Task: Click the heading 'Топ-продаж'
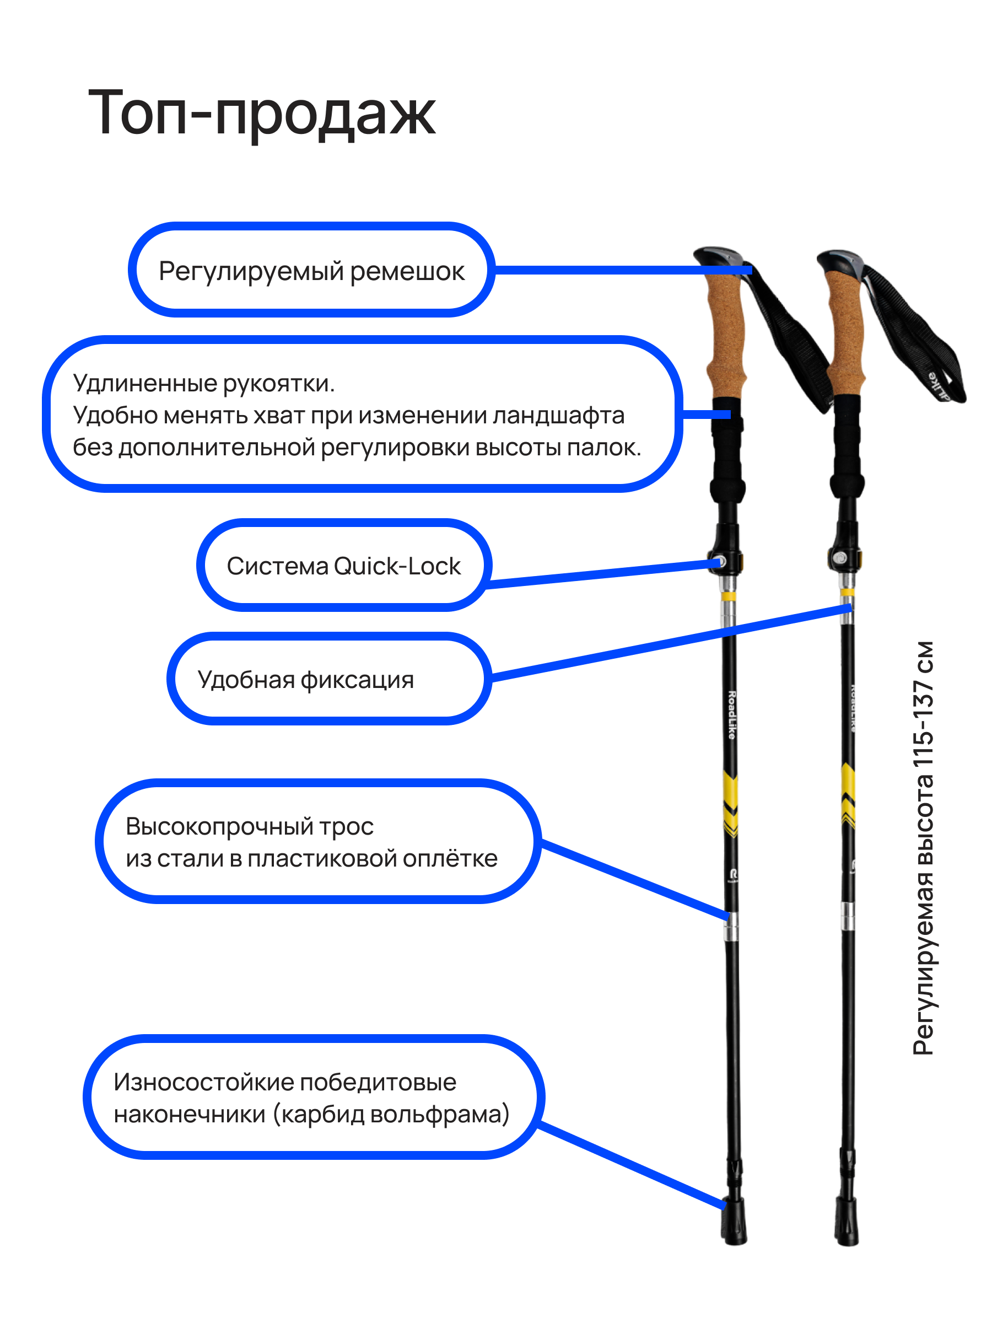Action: pos(261,112)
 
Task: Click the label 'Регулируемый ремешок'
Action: pos(311,271)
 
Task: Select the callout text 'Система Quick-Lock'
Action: pos(343,566)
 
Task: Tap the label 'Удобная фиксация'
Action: pos(305,680)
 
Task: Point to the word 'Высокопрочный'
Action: pos(220,826)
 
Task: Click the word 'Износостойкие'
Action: pos(202,1082)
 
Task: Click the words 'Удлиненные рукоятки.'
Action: pos(203,383)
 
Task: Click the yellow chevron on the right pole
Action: pos(848,795)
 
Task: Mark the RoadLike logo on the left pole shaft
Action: pos(731,715)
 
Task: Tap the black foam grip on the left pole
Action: pos(727,455)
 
